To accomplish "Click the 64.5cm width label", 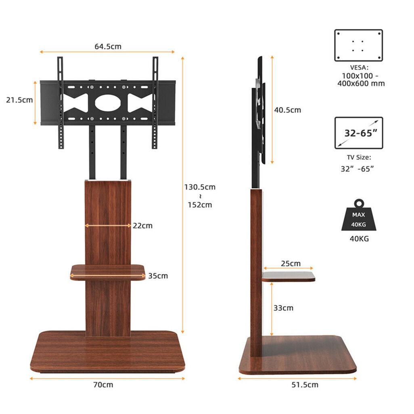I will (108, 46).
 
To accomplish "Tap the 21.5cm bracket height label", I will (19, 100).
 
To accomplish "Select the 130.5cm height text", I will (200, 187).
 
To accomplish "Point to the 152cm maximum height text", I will (200, 205).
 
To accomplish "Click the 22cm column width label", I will (142, 226).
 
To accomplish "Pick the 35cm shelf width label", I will (158, 276).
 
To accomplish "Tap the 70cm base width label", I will (103, 385).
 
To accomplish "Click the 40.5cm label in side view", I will (287, 110).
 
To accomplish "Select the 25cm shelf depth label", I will (291, 263).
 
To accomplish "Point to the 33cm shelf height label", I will (283, 308).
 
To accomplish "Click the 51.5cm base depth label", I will (305, 385).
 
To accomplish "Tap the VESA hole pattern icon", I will (358, 45).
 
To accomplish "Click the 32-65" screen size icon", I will (358, 133).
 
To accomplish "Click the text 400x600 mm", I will (361, 84).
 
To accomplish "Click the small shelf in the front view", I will (108, 272).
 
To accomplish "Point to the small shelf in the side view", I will (288, 276).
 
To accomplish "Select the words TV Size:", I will (358, 158).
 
